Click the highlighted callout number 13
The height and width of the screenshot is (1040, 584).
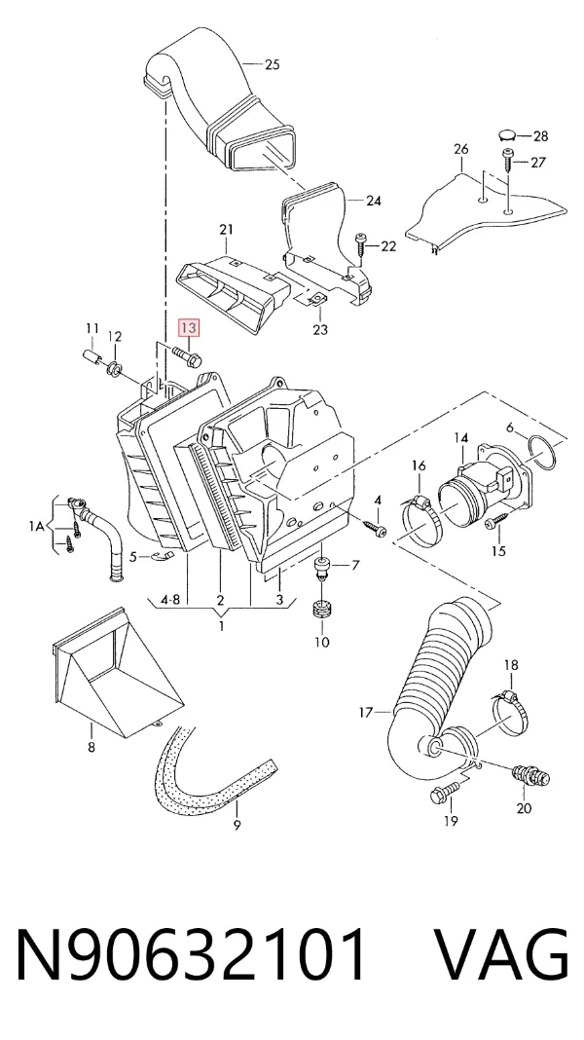[188, 327]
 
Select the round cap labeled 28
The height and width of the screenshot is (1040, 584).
[507, 136]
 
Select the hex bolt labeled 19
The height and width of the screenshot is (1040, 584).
[444, 792]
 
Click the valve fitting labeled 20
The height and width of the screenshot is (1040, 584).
[531, 775]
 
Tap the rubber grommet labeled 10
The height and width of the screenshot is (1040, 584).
[321, 609]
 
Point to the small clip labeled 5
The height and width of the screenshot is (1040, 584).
[160, 554]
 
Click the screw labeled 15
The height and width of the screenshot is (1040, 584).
[495, 521]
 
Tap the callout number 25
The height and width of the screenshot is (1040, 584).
[272, 64]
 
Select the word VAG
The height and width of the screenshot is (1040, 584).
[501, 954]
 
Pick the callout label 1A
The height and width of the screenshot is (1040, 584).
[36, 526]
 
